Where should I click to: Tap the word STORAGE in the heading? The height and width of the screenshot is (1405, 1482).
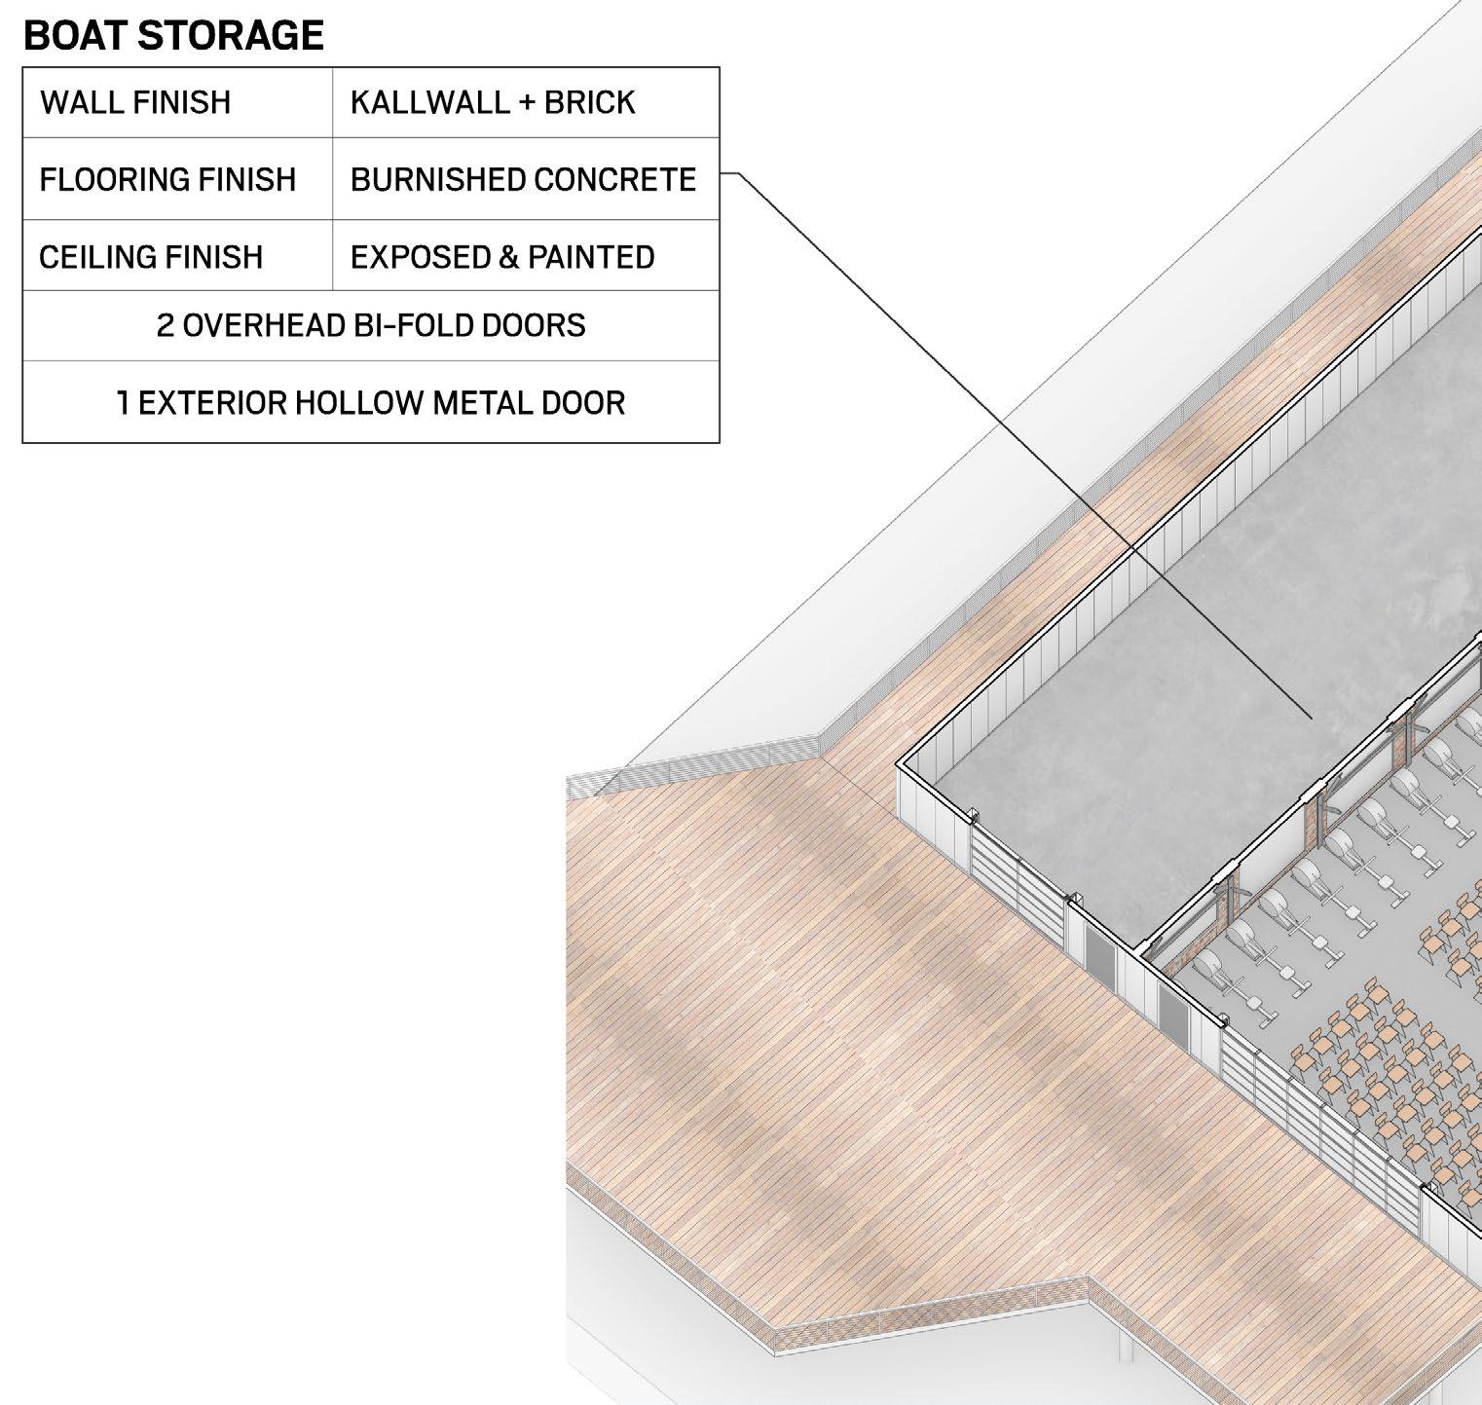point(232,36)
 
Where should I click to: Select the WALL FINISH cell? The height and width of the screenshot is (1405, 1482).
point(135,102)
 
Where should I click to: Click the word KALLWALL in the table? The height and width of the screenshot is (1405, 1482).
point(429,102)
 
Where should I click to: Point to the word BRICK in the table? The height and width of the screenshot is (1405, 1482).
point(589,102)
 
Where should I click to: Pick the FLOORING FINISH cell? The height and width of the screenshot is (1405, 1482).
point(167,180)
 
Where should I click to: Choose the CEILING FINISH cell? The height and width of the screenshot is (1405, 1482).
point(151,257)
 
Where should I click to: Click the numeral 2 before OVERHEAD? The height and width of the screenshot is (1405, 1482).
point(166,325)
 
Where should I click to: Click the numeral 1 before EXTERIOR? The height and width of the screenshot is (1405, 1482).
point(123,403)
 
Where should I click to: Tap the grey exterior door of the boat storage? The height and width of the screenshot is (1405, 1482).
point(1102,958)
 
